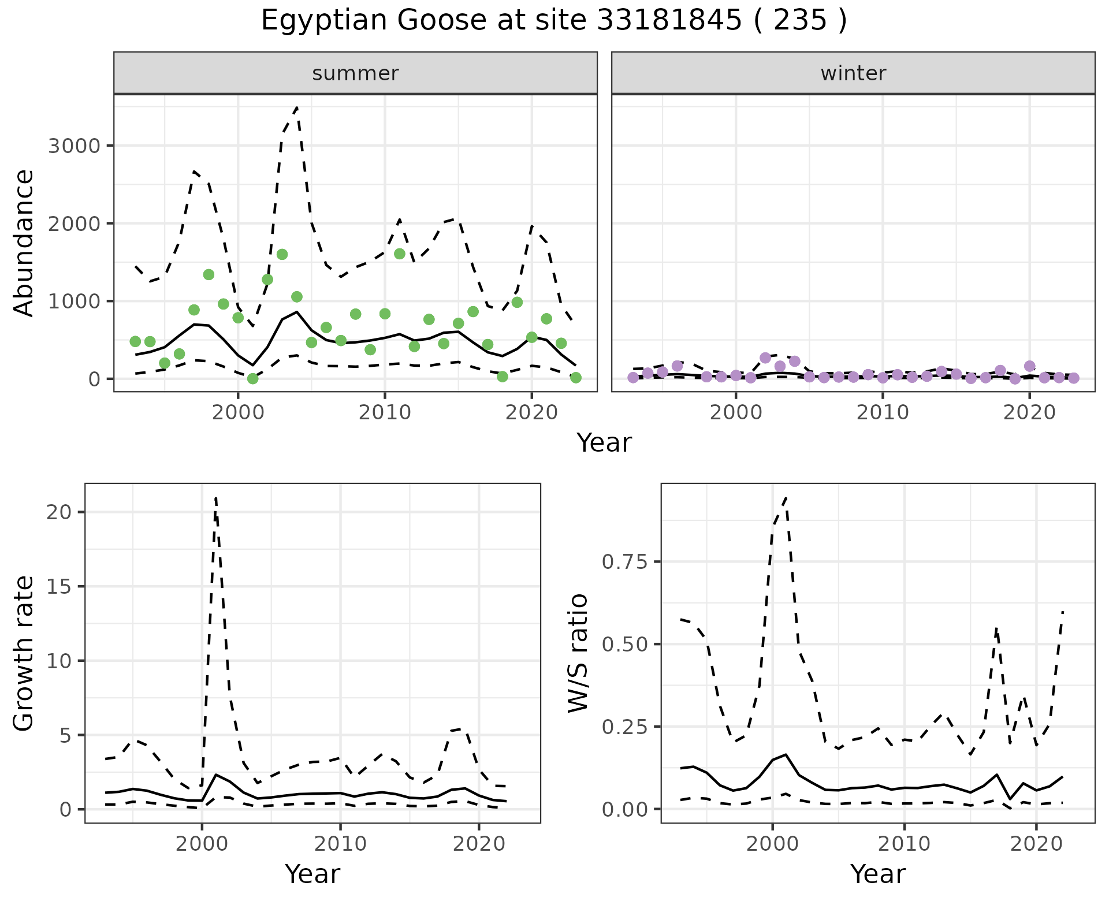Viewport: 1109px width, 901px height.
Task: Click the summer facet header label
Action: (x=355, y=73)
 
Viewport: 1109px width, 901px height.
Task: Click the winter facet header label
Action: (x=853, y=73)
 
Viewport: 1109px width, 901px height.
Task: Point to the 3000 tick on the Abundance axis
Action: (x=74, y=146)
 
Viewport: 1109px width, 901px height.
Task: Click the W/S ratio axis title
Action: (x=578, y=653)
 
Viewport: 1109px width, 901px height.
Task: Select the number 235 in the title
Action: (x=799, y=21)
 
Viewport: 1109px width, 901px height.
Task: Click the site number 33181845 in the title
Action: (x=668, y=21)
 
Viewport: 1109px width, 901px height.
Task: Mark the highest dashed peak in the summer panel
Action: (x=297, y=107)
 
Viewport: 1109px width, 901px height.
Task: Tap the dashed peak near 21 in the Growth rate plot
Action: (x=215, y=497)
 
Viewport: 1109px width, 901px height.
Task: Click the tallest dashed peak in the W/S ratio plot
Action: (x=786, y=497)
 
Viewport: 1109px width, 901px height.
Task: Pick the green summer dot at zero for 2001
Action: (x=252, y=378)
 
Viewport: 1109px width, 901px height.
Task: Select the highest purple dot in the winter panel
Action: (x=765, y=358)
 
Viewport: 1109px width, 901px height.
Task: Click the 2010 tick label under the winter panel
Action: (x=883, y=412)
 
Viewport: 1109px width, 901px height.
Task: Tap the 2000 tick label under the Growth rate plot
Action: (x=202, y=844)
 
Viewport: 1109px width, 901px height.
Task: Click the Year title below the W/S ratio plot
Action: (x=877, y=874)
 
